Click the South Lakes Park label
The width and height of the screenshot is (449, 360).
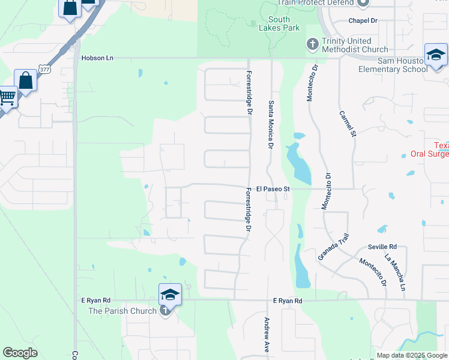point(279,23)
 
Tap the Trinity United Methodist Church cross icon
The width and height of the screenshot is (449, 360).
point(312,44)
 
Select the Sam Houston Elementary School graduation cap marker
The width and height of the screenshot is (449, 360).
point(435,56)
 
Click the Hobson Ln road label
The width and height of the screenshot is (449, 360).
point(97,58)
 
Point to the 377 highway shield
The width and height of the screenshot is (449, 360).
point(44,70)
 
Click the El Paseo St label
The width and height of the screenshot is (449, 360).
point(273,188)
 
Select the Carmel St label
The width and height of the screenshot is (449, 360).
point(348,124)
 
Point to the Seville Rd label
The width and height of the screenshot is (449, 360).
point(382,247)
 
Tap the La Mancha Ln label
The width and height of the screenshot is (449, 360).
point(395,274)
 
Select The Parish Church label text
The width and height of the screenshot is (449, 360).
point(122,311)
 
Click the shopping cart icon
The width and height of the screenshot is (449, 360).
point(7,97)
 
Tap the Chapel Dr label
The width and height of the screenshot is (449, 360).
point(363,20)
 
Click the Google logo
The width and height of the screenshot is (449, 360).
point(20,353)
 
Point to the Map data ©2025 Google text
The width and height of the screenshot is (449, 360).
point(411,355)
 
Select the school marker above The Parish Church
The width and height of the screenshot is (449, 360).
point(170,294)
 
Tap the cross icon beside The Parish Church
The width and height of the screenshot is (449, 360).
point(166,311)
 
